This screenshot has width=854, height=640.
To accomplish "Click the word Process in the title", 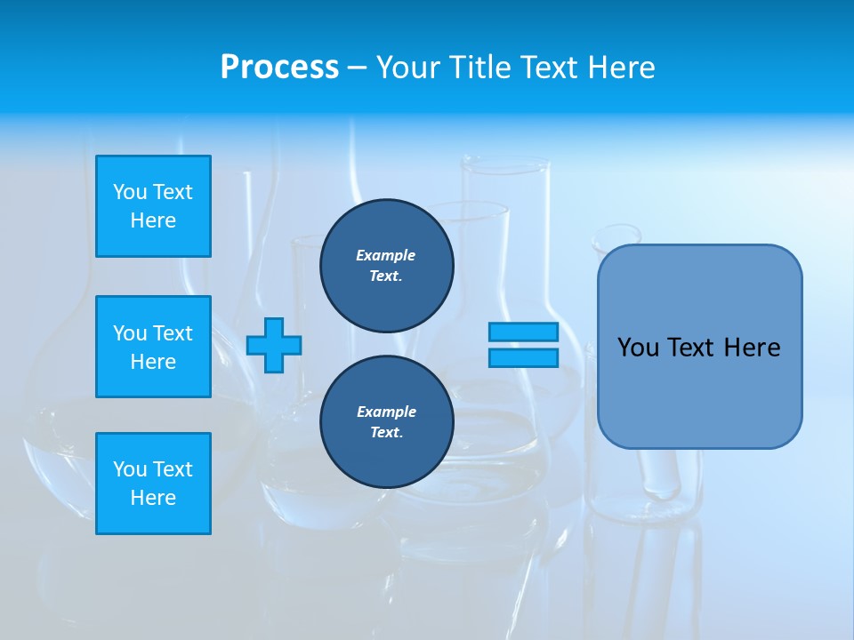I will click(279, 68).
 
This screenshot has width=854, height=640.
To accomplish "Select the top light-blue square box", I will click(153, 206).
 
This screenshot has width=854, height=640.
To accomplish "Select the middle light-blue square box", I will click(153, 347).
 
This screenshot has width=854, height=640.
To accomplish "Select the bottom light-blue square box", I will click(153, 484).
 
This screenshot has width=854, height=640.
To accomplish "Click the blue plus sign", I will click(274, 345).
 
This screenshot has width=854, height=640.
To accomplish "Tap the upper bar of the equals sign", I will click(523, 332).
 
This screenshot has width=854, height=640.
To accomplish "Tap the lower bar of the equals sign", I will click(523, 357).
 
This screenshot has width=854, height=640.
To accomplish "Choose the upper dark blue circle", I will click(386, 266).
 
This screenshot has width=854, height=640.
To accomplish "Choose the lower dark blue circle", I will click(386, 422).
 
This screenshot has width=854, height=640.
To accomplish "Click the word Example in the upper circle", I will click(385, 255).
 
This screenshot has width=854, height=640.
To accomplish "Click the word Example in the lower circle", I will click(386, 412).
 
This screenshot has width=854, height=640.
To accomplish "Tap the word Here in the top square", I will click(153, 220).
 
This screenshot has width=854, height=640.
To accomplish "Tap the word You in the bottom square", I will click(130, 469).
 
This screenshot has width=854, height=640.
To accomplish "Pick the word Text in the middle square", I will click(173, 333).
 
